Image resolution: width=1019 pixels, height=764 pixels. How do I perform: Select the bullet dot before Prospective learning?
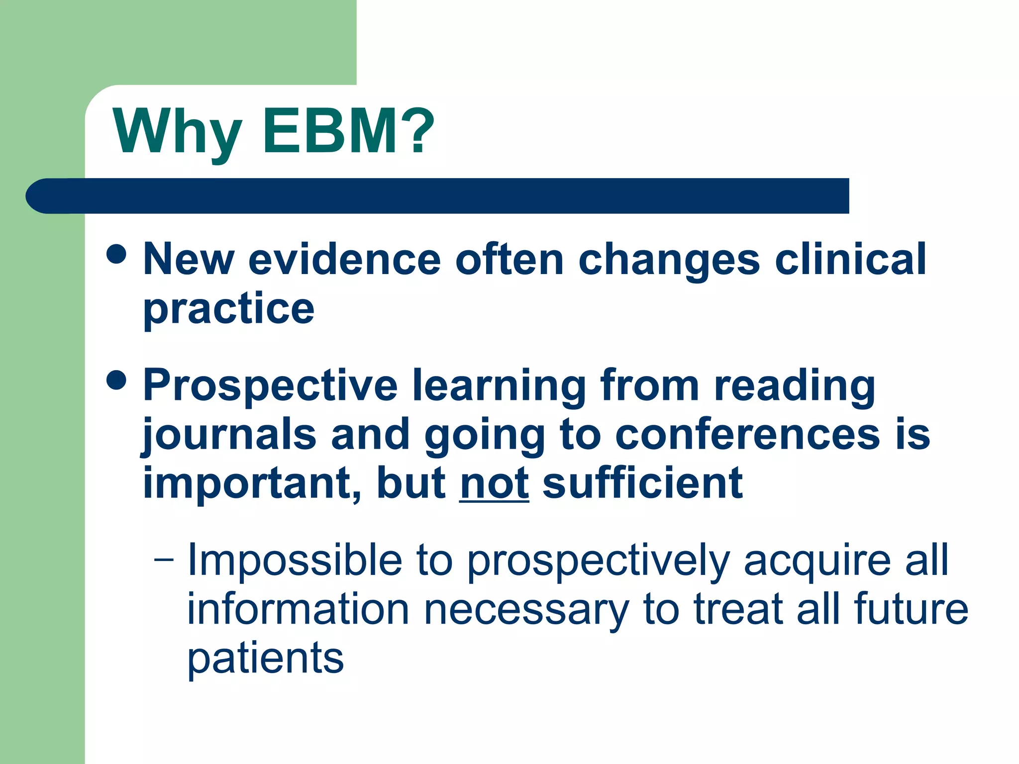116,381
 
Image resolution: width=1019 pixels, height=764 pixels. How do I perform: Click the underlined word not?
494,483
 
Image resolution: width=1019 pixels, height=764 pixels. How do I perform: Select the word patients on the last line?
265,659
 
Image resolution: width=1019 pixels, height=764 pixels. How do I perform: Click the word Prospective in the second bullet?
270,385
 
